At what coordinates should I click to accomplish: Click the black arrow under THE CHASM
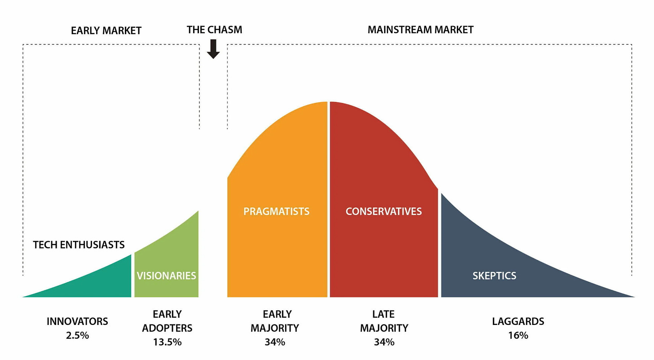tap(213, 49)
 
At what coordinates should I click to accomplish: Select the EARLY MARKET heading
tap(106, 31)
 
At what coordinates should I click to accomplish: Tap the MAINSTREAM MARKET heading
tap(420, 30)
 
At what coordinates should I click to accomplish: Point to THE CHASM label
tap(214, 30)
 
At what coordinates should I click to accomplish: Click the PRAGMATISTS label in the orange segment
tap(276, 211)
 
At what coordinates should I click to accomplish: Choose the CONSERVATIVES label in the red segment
tap(384, 211)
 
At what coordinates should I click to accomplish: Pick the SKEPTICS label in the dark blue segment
tap(494, 276)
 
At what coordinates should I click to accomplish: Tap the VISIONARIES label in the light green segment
tap(166, 276)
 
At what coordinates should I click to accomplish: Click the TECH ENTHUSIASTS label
tap(79, 244)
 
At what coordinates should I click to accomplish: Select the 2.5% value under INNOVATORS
tap(77, 335)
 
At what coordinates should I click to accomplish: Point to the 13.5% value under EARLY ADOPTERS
tap(167, 342)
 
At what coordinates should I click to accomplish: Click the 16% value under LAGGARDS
tap(518, 335)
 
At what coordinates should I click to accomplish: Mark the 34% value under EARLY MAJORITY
tap(274, 342)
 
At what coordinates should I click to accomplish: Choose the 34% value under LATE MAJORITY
tap(384, 342)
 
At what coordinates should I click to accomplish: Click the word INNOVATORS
tap(77, 321)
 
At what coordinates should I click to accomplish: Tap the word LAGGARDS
tap(518, 321)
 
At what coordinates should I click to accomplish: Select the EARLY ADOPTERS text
tap(167, 321)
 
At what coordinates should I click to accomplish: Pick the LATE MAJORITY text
tap(384, 321)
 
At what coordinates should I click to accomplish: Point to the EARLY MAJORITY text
tap(274, 321)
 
